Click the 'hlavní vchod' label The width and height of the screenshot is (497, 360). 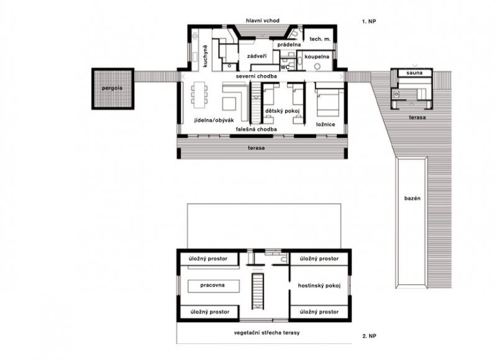point(263,21)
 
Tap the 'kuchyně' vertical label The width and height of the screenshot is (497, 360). point(206,56)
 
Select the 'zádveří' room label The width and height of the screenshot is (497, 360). point(257,56)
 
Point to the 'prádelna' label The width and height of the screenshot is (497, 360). point(289,45)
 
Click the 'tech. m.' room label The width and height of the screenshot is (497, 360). point(320,39)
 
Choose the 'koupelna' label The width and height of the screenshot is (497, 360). point(317,57)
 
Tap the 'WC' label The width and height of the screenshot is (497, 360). point(285,67)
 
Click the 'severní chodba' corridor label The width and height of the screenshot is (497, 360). point(256,76)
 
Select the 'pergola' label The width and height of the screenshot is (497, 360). point(112,88)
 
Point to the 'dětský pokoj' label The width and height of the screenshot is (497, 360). point(283,111)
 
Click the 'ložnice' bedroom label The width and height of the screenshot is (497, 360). point(326,124)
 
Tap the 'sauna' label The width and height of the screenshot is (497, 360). point(414,73)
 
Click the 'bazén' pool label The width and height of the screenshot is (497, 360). point(413,198)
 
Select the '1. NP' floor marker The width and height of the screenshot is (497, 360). point(369,22)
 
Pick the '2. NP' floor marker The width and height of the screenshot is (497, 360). point(369,336)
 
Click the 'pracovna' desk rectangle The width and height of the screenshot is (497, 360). point(213,286)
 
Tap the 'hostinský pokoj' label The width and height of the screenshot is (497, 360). point(319,286)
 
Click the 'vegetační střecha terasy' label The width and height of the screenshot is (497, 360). point(267,333)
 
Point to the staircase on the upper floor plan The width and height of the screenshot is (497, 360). point(258,292)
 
